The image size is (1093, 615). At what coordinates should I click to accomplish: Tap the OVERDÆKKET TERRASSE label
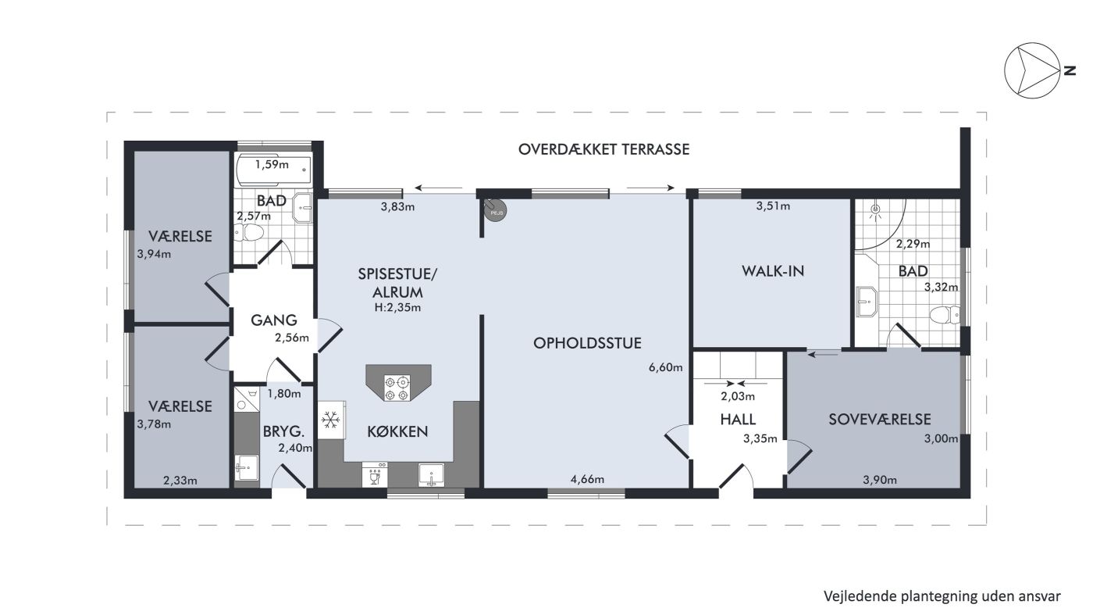[x=603, y=149]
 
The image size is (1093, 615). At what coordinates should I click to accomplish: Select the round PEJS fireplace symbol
[x=495, y=210]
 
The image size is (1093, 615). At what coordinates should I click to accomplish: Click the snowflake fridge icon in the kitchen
[x=331, y=420]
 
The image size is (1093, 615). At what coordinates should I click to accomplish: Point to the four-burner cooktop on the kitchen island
[x=397, y=388]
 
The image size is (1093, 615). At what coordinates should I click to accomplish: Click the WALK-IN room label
[x=773, y=271]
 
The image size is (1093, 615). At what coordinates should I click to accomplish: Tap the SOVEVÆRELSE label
[x=879, y=419]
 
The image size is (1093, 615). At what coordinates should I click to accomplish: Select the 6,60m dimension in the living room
[x=665, y=367]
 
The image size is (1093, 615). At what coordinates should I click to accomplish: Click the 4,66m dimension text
[x=587, y=479]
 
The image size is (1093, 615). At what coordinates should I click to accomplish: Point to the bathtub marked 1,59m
[x=273, y=170]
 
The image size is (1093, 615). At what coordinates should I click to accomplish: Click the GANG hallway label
[x=274, y=320]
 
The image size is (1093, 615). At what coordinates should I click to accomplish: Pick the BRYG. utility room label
[x=283, y=432]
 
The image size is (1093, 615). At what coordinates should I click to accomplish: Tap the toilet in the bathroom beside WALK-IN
[x=945, y=315]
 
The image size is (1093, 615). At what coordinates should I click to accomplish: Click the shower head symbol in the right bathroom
[x=876, y=209]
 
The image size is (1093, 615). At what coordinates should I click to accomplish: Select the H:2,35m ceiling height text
[x=397, y=308]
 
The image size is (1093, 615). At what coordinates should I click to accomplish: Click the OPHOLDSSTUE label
[x=587, y=343]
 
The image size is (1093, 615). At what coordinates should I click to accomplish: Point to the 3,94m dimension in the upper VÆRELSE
[x=154, y=254]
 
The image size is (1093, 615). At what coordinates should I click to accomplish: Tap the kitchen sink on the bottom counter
[x=431, y=475]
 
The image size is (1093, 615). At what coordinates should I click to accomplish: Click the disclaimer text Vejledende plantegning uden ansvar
[x=942, y=597]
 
